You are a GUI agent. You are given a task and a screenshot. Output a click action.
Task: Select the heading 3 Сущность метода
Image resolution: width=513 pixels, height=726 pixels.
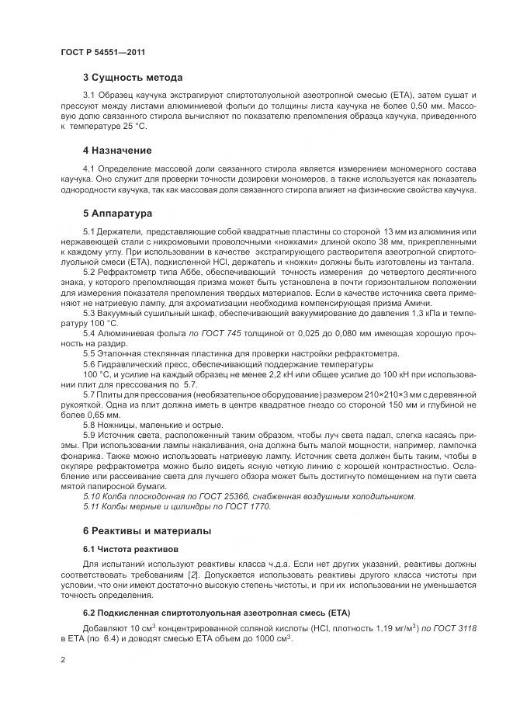(x=133, y=78)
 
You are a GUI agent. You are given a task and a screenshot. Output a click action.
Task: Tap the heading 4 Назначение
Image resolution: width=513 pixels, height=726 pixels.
(x=117, y=150)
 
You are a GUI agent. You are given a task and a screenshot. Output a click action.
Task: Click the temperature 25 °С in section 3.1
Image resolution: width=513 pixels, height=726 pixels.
(x=129, y=126)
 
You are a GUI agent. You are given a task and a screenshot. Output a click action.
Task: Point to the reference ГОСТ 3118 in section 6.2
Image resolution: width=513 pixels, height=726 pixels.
(x=447, y=627)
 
